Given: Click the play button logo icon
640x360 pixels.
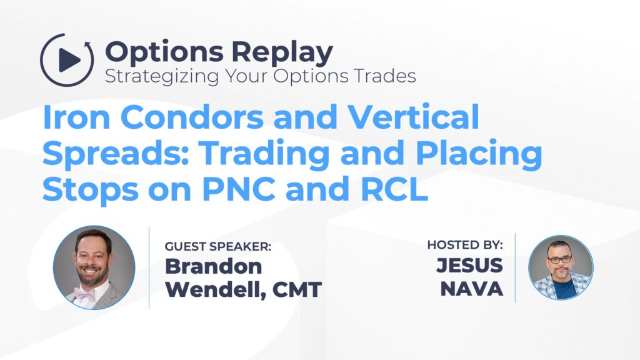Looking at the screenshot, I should pyautogui.click(x=67, y=60).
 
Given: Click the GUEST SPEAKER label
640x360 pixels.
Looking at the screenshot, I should pyautogui.click(x=218, y=247).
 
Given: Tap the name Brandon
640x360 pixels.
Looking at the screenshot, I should pyautogui.click(x=213, y=267).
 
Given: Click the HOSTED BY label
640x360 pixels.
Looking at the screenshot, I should pyautogui.click(x=465, y=245).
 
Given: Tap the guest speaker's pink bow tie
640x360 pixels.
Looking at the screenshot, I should pyautogui.click(x=86, y=293).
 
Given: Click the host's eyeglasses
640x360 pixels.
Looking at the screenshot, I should pyautogui.click(x=560, y=259).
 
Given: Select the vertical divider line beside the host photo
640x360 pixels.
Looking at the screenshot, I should pyautogui.click(x=515, y=267).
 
